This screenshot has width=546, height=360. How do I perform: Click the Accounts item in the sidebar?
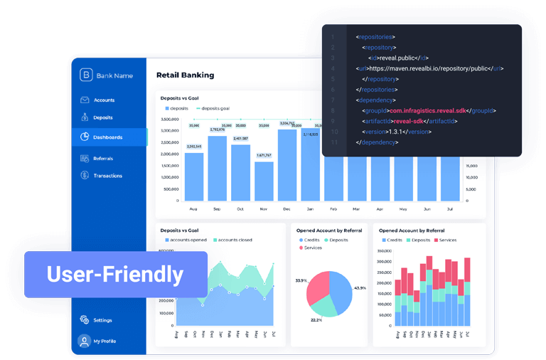coord(104,100)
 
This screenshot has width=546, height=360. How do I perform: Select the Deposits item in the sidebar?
coord(103,117)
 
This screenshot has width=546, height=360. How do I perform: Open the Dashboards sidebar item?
coord(107,137)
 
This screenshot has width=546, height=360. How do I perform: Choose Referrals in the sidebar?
coord(103,158)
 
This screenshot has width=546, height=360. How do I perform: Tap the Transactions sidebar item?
coord(107,176)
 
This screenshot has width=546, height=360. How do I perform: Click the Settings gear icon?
coord(85,320)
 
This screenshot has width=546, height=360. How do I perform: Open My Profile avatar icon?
coord(85,341)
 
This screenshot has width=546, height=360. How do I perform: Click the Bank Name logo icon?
coord(86,75)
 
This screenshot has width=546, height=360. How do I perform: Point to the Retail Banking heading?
coord(185,75)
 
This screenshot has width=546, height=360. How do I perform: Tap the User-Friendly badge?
coord(115,274)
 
